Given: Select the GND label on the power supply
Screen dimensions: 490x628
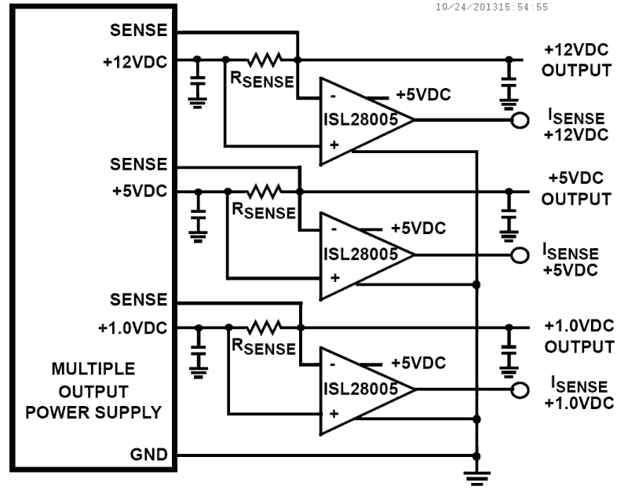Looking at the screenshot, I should point(151,455).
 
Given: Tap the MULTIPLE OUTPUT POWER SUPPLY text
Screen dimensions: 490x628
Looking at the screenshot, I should point(93,390).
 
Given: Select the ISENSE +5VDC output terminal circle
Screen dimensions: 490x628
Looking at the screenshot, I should point(517,254).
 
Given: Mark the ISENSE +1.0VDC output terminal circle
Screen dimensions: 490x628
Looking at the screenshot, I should point(517,389).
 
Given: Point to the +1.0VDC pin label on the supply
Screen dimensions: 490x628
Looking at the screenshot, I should point(133,327).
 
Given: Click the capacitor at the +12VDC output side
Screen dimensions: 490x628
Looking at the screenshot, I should point(510,82).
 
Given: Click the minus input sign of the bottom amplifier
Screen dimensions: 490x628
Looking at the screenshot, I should point(334,364).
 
